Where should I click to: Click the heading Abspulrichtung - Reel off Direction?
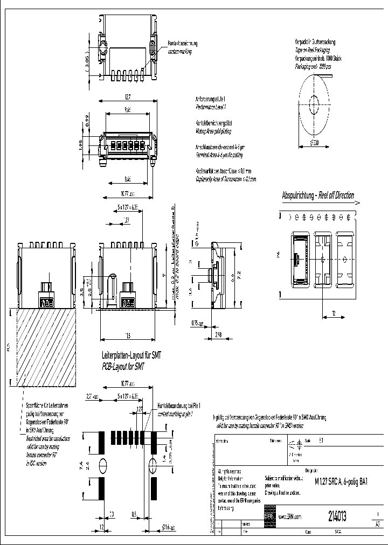(318, 195)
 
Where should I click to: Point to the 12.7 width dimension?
(127, 97)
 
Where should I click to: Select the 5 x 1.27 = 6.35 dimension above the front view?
(128, 206)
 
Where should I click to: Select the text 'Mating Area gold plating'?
(212, 131)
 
